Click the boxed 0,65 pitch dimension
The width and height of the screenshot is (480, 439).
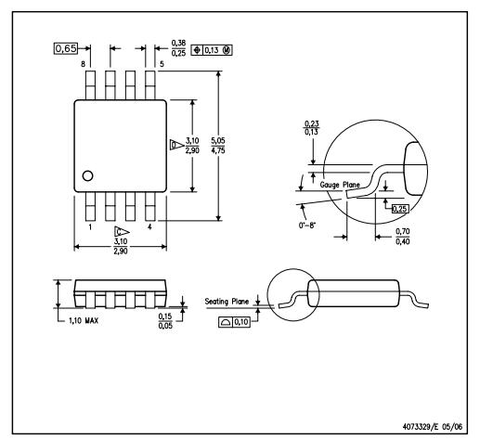pyautogui.click(x=66, y=48)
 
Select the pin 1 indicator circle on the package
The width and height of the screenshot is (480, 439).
pyautogui.click(x=88, y=175)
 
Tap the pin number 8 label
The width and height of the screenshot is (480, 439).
pyautogui.click(x=83, y=64)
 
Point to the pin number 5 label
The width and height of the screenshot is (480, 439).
pyautogui.click(x=162, y=64)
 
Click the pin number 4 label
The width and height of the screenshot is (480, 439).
pyautogui.click(x=149, y=227)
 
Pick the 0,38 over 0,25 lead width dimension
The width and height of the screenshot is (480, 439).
pyautogui.click(x=178, y=48)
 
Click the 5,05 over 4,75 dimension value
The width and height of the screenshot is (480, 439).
pyautogui.click(x=218, y=146)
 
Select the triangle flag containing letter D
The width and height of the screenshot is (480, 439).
pyautogui.click(x=176, y=145)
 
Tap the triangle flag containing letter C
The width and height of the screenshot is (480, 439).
pyautogui.click(x=122, y=232)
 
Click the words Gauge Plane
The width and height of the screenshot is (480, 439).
pyautogui.click(x=340, y=185)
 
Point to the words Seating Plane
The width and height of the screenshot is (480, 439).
pyautogui.click(x=227, y=302)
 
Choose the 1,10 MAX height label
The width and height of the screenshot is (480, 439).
pyautogui.click(x=84, y=321)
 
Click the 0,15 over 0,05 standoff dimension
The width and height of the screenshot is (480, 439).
pyautogui.click(x=165, y=321)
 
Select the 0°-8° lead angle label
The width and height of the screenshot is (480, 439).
pyautogui.click(x=307, y=226)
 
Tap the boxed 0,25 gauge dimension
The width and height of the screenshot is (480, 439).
pyautogui.click(x=400, y=209)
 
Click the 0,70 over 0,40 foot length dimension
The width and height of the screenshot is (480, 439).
pyautogui.click(x=403, y=237)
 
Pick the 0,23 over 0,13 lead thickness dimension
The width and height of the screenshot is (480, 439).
pyautogui.click(x=312, y=128)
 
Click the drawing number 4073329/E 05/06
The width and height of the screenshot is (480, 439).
pyautogui.click(x=433, y=427)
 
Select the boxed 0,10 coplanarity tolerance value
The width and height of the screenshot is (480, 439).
pyautogui.click(x=241, y=322)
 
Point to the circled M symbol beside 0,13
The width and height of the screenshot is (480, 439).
pyautogui.click(x=227, y=50)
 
